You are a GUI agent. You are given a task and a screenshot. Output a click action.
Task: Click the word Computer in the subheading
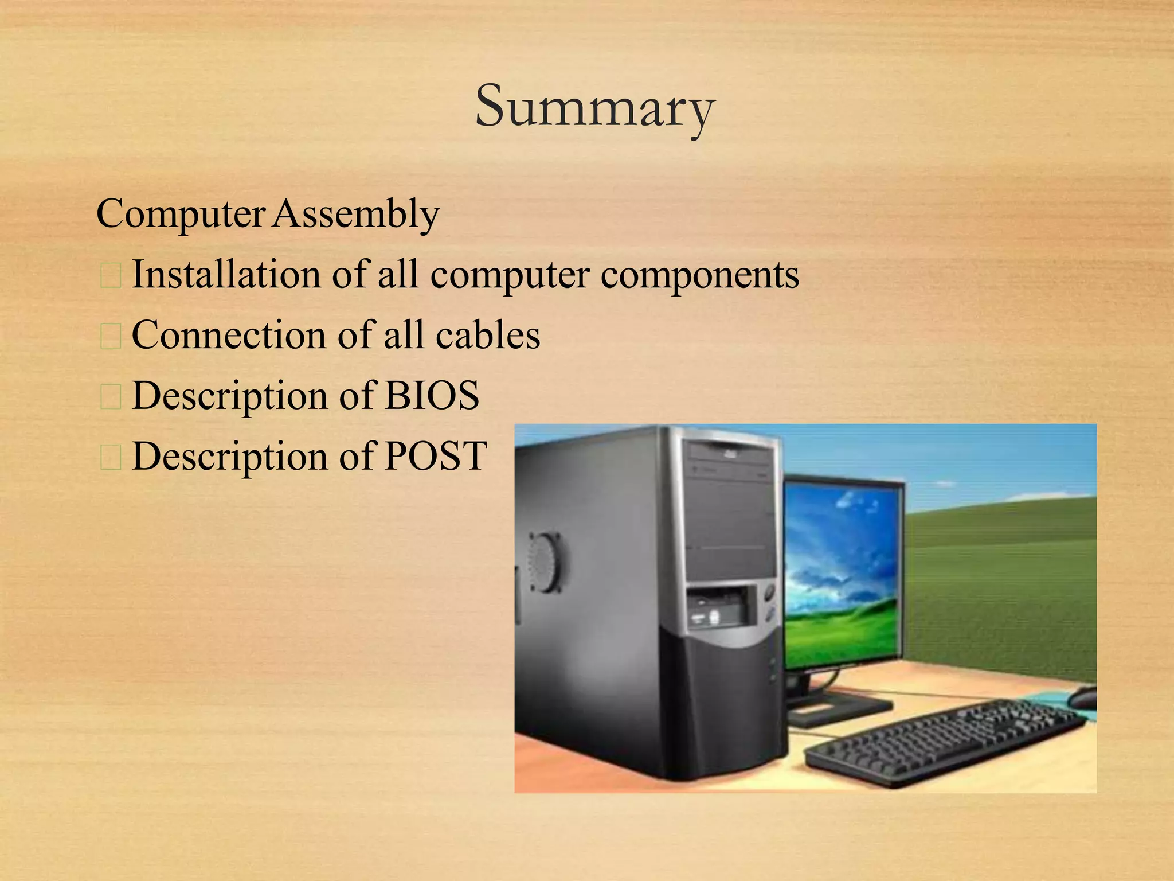181,215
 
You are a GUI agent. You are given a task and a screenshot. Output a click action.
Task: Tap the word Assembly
355,215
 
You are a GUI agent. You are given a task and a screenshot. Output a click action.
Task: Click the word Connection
229,335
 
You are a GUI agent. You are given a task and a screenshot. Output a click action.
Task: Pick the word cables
488,335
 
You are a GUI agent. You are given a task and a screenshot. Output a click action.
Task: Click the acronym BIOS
432,395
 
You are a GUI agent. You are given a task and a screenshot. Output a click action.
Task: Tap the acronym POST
435,456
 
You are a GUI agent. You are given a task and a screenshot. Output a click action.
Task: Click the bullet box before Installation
110,276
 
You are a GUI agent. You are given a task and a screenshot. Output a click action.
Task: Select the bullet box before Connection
110,337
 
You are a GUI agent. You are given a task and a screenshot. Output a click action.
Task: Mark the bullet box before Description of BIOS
110,397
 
